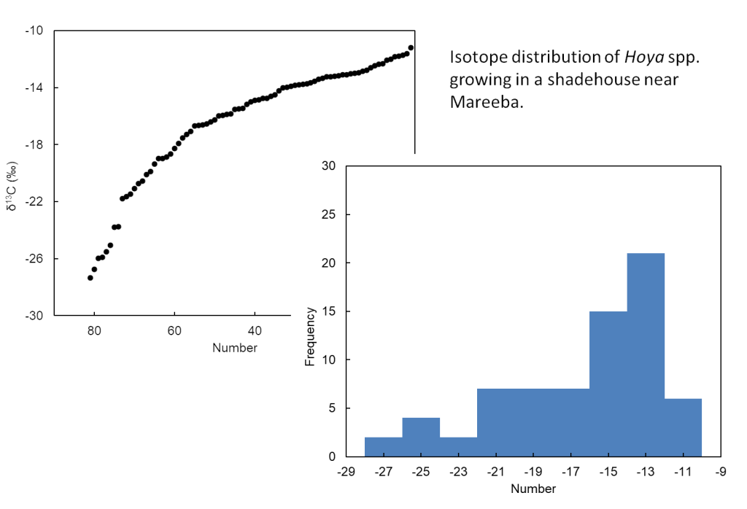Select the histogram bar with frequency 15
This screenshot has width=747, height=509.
(x=608, y=384)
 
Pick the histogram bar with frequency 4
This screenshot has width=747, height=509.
(x=421, y=437)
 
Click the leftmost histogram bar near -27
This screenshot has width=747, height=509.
(x=383, y=447)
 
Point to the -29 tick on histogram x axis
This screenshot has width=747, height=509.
(x=346, y=472)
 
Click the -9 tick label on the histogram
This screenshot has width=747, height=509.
(x=721, y=472)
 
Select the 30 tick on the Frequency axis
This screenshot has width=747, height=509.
(x=329, y=166)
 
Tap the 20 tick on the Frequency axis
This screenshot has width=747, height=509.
(x=329, y=263)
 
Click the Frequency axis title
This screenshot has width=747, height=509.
(x=310, y=336)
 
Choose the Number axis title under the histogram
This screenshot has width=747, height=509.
(x=533, y=489)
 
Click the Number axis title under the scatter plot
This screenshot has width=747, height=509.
(x=235, y=348)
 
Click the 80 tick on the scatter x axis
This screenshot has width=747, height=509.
(x=94, y=330)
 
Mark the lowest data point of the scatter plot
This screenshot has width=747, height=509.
(x=90, y=278)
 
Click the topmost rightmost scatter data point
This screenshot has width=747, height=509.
(x=411, y=47)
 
